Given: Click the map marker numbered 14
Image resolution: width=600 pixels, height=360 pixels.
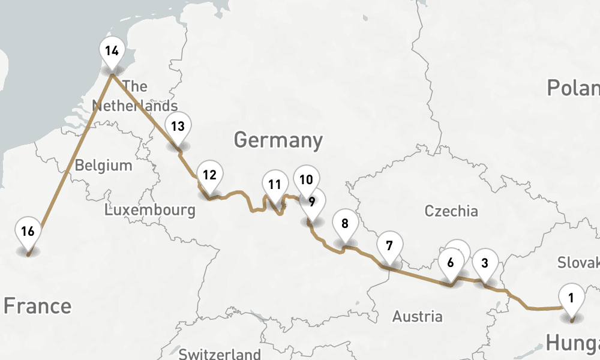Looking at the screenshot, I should pos(111,51).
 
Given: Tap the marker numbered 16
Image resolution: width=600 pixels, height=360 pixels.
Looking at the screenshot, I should pos(28,232).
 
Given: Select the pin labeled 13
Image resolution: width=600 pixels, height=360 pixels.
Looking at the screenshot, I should pos(178,127).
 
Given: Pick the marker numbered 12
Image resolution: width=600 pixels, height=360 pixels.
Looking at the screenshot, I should pos(209,176).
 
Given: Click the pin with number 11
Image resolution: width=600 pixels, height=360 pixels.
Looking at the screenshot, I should pos(275,185).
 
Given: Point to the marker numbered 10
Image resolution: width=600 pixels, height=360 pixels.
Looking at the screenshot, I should pos(307,179).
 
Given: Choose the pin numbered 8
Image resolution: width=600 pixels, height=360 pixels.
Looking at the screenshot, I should pos(344,224).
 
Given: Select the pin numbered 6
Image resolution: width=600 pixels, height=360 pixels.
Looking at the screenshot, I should pos(451,262).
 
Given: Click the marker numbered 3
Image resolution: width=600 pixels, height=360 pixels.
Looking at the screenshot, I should pos(485,262).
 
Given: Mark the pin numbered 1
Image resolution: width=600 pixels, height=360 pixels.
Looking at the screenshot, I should pos(571,298).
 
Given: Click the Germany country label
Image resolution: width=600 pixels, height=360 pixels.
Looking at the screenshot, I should pos(278,140).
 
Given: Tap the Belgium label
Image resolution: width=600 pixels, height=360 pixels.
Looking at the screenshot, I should pos(103,166).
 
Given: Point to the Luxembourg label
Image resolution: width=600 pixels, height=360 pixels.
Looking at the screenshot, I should pos(149,210).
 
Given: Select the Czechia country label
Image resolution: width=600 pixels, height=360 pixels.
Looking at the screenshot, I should pos(451,211).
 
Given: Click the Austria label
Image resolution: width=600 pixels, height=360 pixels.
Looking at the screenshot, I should pos(418,316).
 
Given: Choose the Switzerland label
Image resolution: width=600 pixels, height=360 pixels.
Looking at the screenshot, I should pos(220,353).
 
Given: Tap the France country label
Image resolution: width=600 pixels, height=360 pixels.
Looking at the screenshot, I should pos(37,306).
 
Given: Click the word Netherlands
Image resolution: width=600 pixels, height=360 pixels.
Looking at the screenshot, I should pos(134,106).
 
